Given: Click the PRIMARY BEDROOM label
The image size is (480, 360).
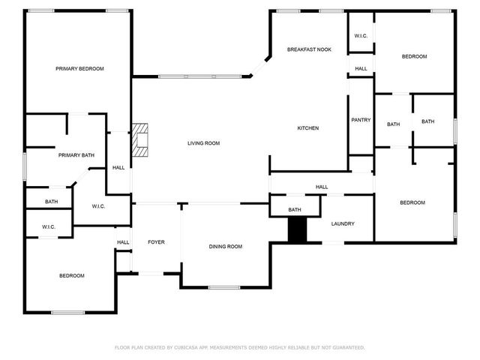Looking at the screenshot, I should point(79,68).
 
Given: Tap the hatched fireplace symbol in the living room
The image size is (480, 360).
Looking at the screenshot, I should point(140,139).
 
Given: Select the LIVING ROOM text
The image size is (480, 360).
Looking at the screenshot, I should point(203,142).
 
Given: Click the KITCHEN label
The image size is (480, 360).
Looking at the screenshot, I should point(308,128).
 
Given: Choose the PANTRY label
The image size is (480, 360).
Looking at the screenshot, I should point(361,120).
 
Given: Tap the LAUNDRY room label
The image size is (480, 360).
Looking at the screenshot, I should point(343,223).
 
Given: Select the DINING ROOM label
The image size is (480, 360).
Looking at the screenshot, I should point(225,246).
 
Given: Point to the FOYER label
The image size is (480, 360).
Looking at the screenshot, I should point(156,241).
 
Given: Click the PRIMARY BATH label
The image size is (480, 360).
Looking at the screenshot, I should point(76,155).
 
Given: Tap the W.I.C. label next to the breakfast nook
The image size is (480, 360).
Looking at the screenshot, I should point(361,37).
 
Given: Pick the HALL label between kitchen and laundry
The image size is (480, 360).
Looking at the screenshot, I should point(322,187).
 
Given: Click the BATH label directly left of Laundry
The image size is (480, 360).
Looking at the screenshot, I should point(295,209).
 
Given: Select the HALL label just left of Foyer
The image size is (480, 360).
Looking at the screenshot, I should point(123,241).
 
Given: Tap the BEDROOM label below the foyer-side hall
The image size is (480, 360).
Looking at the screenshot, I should point(72,275).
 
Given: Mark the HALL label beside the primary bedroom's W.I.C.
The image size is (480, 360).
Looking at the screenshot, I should point(118,167).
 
